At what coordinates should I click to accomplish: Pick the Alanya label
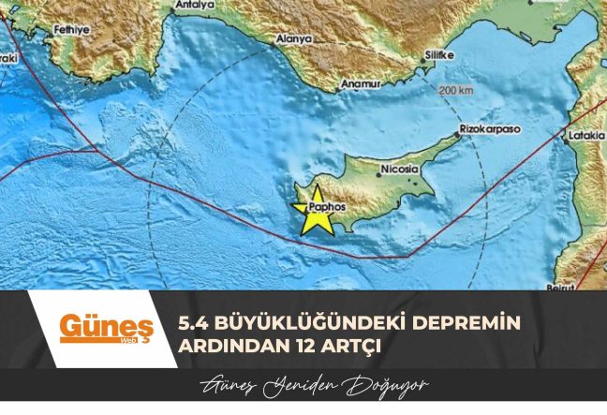[x=293, y=39]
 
